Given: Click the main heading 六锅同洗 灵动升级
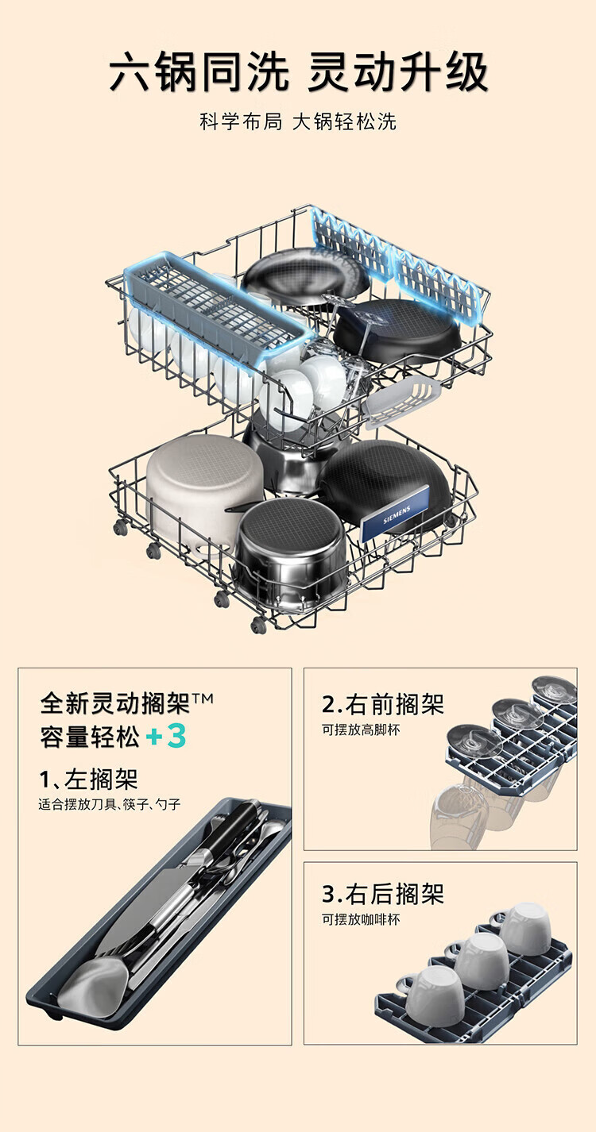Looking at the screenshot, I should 298,73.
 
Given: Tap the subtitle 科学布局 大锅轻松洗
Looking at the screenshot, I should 298,122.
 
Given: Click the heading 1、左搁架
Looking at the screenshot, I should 88,778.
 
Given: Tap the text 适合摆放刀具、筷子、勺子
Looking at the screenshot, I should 110,804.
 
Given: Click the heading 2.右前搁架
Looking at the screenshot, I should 382,703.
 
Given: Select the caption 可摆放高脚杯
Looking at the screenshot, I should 361,730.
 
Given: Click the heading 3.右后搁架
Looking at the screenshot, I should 382,894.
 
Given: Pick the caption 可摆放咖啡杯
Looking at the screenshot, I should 361,919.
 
